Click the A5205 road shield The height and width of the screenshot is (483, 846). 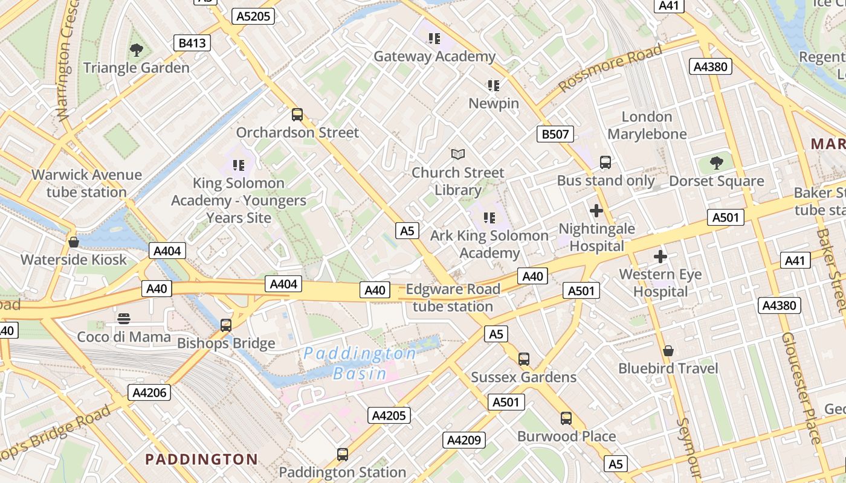click(254, 16)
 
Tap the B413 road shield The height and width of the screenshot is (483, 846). click(192, 43)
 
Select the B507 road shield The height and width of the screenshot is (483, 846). click(555, 134)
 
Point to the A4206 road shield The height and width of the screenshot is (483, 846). click(149, 392)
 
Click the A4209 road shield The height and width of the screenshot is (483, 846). click(464, 440)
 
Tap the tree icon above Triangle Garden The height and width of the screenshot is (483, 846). click(137, 50)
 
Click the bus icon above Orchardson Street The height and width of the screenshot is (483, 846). click(297, 115)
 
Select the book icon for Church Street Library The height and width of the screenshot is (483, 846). click(458, 155)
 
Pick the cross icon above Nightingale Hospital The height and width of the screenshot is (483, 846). click(596, 211)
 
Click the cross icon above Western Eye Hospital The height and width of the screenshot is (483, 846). click(660, 257)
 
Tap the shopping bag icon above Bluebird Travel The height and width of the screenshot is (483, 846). click(668, 351)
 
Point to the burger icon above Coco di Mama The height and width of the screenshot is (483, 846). click(124, 319)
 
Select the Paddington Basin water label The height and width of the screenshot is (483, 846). click(360, 363)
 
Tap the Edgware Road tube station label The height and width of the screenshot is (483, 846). click(453, 298)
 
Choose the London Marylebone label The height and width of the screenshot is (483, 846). click(647, 126)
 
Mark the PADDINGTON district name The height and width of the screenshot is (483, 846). click(201, 459)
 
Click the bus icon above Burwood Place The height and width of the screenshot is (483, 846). click(566, 418)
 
